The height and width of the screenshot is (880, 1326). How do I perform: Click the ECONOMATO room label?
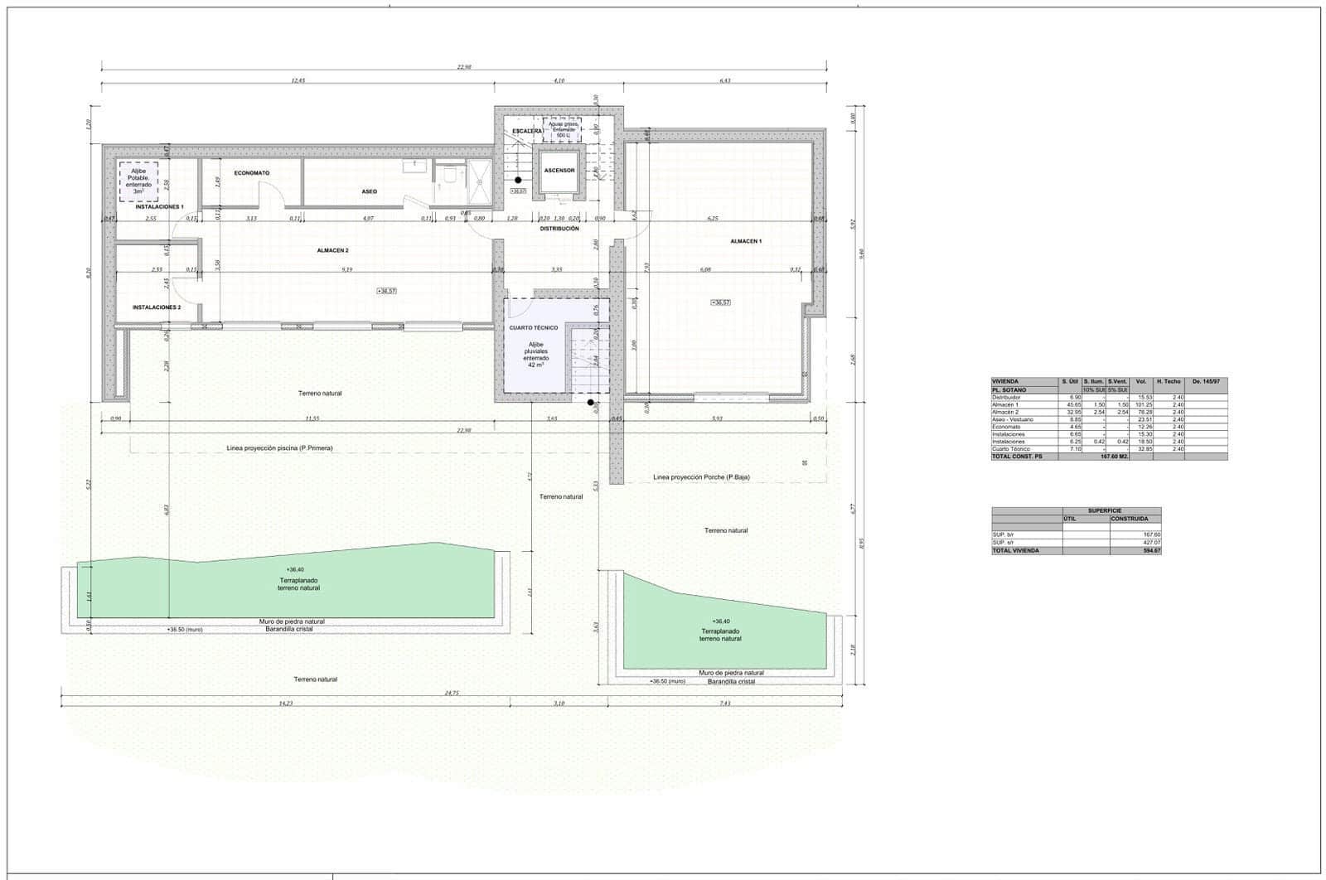pyautogui.click(x=251, y=173)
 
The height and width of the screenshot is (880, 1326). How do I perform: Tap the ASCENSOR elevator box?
pyautogui.click(x=559, y=171)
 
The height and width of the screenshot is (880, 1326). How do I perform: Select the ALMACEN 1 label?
pyautogui.click(x=746, y=241)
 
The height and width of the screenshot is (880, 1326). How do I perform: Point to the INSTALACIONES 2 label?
pyautogui.click(x=157, y=307)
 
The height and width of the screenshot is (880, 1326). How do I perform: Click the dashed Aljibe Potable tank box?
pyautogui.click(x=138, y=181)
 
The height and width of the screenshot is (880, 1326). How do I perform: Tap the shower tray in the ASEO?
pyautogui.click(x=479, y=176)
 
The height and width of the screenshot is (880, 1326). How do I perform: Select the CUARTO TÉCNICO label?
pyautogui.click(x=534, y=328)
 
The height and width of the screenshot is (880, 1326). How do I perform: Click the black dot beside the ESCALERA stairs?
pyautogui.click(x=518, y=179)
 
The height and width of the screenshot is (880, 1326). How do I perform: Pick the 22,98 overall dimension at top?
pyautogui.click(x=464, y=67)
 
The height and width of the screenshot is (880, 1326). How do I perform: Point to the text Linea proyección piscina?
pyautogui.click(x=280, y=448)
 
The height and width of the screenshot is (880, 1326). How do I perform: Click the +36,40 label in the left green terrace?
pyautogui.click(x=294, y=570)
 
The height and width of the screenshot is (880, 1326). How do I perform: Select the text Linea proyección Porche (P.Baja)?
pyautogui.click(x=701, y=477)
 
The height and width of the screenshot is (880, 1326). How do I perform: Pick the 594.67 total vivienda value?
pyautogui.click(x=1151, y=550)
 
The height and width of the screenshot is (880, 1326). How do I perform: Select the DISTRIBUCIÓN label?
pyautogui.click(x=559, y=229)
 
